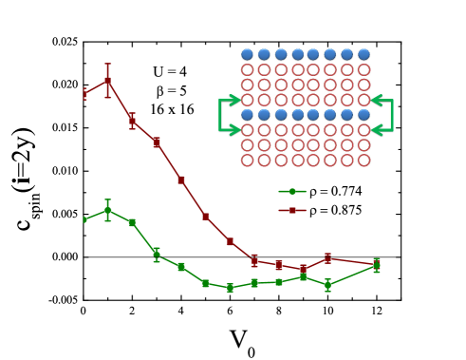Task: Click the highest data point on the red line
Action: (x=108, y=81)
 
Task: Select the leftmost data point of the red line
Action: (x=84, y=93)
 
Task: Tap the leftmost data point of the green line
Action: (x=84, y=219)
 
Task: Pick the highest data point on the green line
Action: (x=108, y=210)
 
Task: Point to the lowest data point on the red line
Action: (x=304, y=269)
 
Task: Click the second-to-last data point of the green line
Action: (x=327, y=284)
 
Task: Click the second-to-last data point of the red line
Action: (x=327, y=257)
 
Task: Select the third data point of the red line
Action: (x=132, y=121)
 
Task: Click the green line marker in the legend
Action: (x=292, y=191)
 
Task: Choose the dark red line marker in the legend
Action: (x=292, y=210)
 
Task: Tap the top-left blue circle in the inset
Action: (x=247, y=55)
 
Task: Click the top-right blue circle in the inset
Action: (x=363, y=55)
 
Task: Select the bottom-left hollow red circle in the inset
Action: (x=247, y=160)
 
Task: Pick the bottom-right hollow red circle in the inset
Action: (x=363, y=160)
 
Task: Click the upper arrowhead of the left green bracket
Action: (x=236, y=100)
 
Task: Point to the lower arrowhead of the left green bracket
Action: (x=236, y=130)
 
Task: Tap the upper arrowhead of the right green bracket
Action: (x=375, y=100)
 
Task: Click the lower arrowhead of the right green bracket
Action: (x=375, y=130)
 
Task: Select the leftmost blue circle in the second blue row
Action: (x=247, y=115)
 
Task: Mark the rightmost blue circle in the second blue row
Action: (x=363, y=115)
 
